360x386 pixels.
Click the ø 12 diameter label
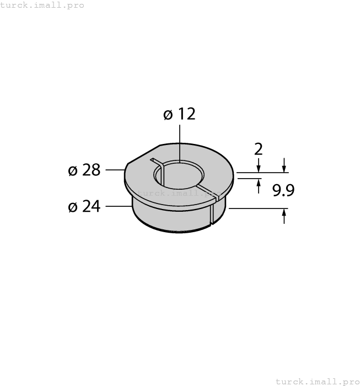pos(179,114)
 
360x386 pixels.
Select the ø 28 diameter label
pos(84,170)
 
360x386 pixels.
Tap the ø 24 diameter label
pos(84,207)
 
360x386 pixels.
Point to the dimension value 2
pos(258,149)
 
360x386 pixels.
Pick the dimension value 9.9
pos(283,191)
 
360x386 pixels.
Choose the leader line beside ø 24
pos(118,207)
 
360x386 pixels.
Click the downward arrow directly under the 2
pos(258,167)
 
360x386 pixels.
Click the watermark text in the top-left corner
pos(42,5)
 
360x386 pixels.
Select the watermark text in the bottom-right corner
pos(317,381)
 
